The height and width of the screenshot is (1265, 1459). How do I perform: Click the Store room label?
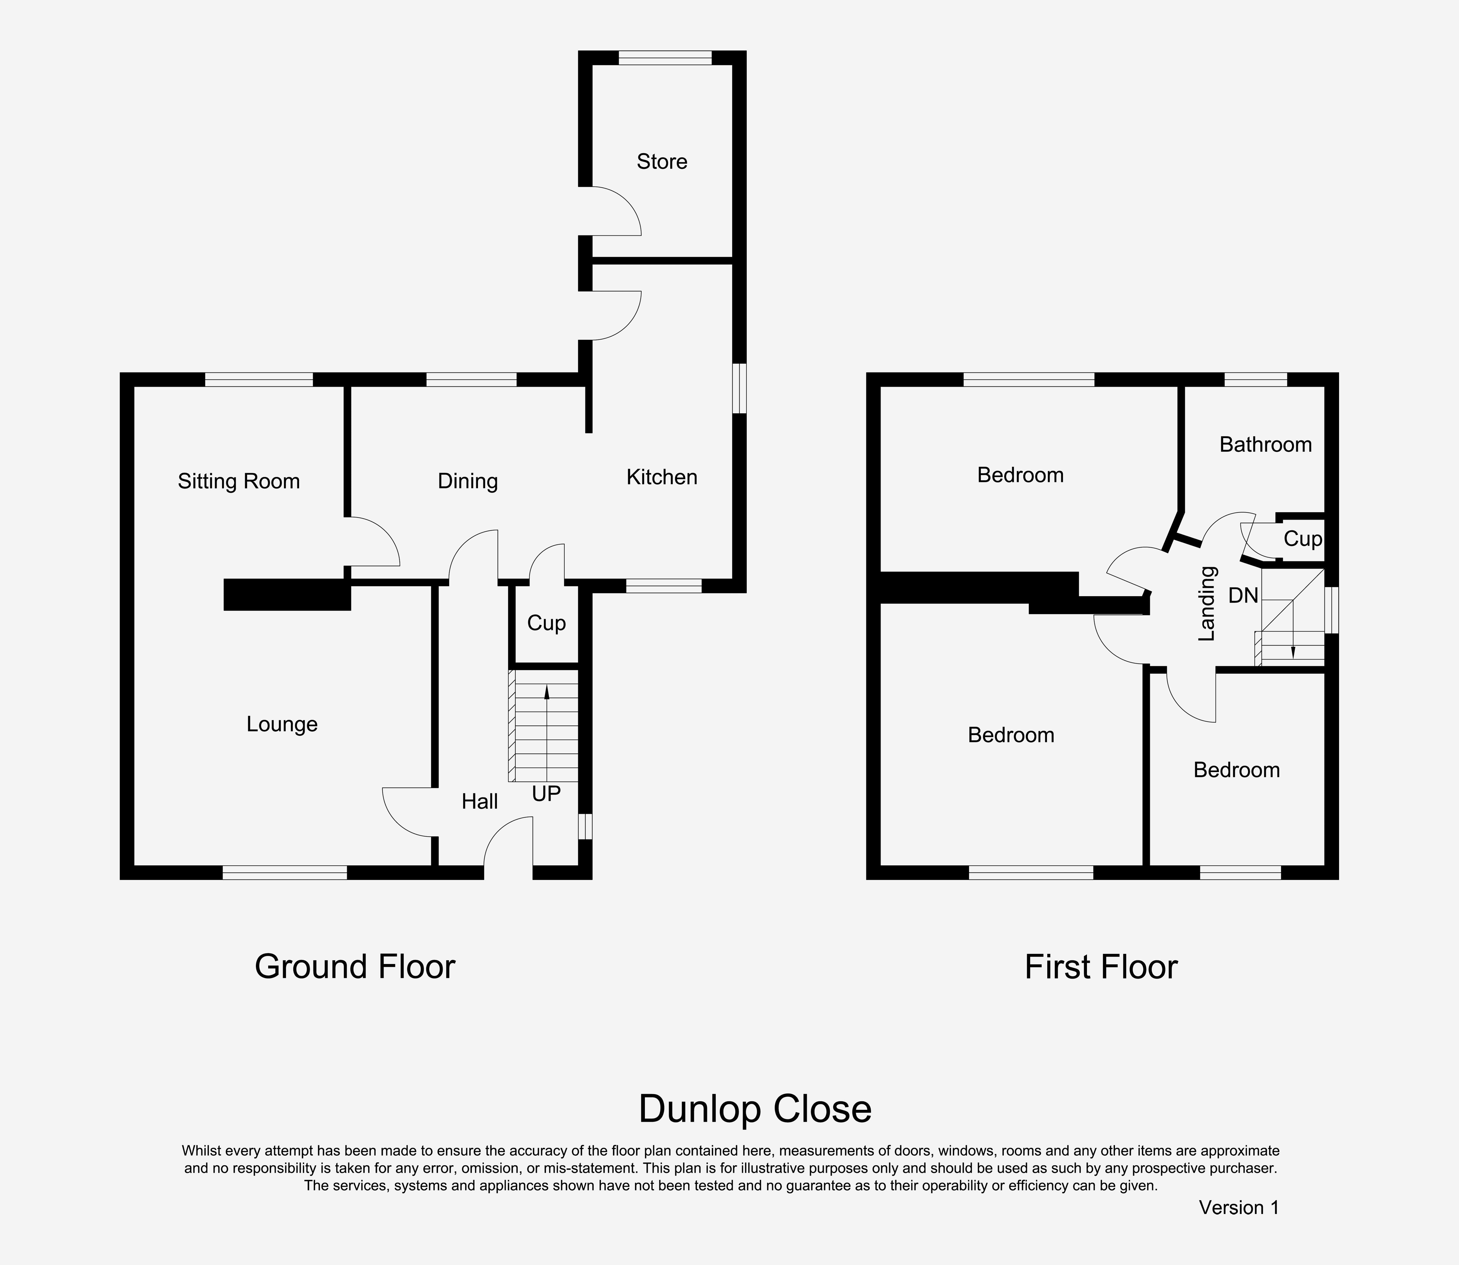click(x=662, y=162)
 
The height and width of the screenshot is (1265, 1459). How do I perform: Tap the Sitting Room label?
click(x=239, y=482)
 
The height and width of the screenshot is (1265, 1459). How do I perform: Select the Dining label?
click(x=467, y=482)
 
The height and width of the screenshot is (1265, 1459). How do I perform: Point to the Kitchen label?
click(x=662, y=477)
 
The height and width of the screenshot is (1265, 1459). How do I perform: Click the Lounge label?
click(x=282, y=724)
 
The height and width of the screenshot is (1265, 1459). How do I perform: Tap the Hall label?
click(x=479, y=801)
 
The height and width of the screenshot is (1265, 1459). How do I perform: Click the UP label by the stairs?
click(x=546, y=794)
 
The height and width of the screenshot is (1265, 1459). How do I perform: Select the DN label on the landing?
click(x=1243, y=596)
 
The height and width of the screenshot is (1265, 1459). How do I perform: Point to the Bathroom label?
click(x=1266, y=445)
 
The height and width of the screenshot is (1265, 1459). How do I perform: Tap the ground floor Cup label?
click(x=546, y=623)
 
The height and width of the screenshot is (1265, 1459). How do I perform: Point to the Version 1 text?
click(x=1239, y=1208)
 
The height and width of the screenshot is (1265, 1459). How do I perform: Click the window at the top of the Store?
click(x=665, y=58)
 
